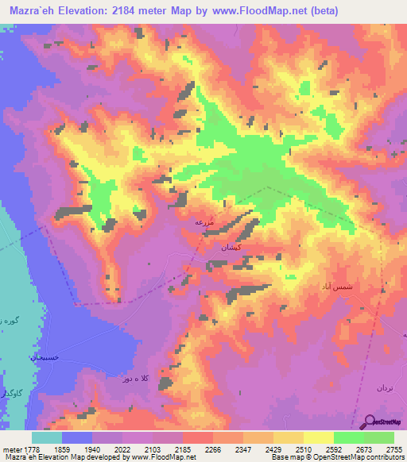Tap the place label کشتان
coord(219,248)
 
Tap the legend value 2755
coord(393,449)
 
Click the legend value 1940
coord(91,449)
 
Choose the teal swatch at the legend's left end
coord(46,437)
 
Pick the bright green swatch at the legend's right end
coord(378,437)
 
